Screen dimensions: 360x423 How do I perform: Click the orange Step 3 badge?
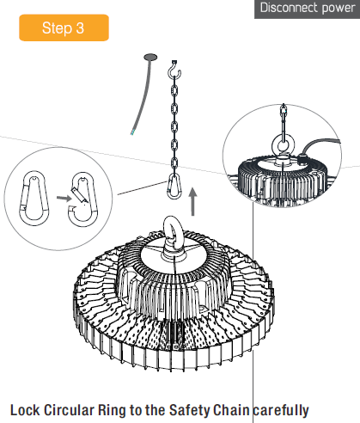point(64,28)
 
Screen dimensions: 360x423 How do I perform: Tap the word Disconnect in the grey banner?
point(289,8)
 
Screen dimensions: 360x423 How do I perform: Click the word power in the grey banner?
point(339,9)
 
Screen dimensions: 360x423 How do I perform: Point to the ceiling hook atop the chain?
point(174,70)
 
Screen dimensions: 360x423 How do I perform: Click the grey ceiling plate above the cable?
point(150,57)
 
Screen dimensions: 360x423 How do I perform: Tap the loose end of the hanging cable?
point(132,132)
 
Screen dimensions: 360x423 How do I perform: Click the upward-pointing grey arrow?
point(193,201)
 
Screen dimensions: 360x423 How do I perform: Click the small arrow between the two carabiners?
point(64,198)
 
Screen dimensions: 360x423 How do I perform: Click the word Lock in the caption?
point(25,410)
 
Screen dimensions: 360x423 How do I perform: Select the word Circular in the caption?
point(69,410)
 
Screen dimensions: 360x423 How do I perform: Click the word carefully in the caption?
point(281,410)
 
